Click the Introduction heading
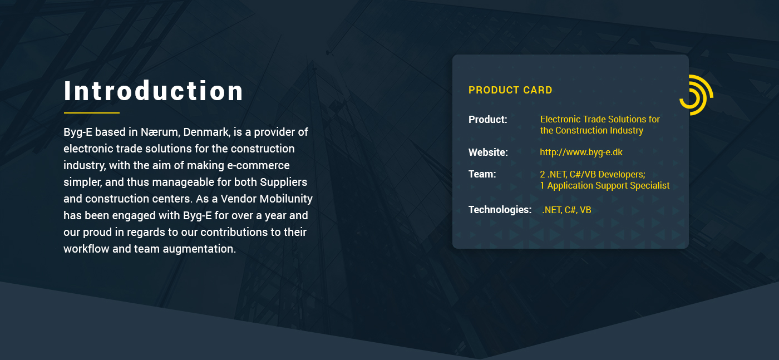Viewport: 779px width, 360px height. (154, 91)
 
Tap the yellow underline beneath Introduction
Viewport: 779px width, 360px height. (91, 113)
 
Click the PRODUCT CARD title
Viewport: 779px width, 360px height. (510, 90)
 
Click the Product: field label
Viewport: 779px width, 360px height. (487, 120)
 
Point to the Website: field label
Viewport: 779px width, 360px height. (488, 152)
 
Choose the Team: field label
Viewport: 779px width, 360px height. (482, 174)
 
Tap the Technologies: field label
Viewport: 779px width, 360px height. (500, 210)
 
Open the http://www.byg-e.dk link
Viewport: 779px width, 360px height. (581, 152)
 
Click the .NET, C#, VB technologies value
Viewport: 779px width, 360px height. (566, 210)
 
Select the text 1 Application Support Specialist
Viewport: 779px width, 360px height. (605, 186)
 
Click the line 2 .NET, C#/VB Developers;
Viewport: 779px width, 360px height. (593, 174)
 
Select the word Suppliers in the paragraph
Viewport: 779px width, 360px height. (283, 183)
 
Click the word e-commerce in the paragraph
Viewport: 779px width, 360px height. (258, 166)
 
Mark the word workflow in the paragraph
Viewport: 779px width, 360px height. (86, 249)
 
